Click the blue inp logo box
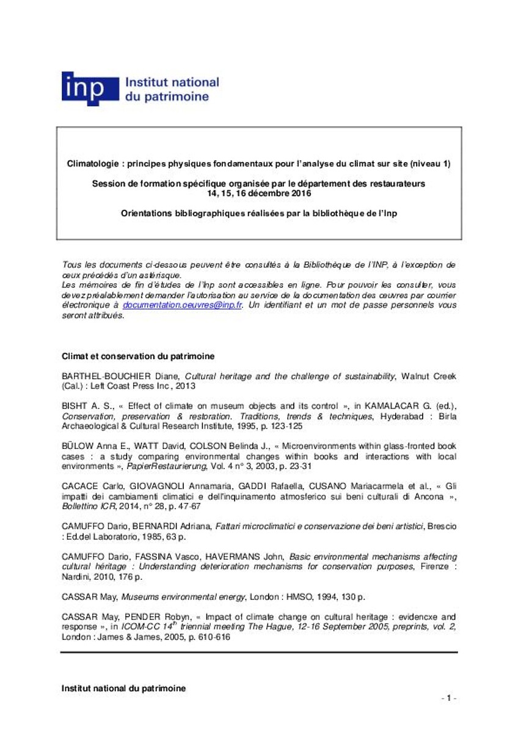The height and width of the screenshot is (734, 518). (90, 89)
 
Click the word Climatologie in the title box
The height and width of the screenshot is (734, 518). (92, 164)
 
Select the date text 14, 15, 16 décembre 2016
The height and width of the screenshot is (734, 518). (259, 193)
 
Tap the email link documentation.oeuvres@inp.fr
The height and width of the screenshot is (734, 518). (183, 305)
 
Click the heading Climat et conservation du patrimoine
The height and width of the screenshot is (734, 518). (137, 357)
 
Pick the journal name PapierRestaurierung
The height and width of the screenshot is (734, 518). (164, 467)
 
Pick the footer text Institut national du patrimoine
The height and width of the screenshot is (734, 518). (123, 688)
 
